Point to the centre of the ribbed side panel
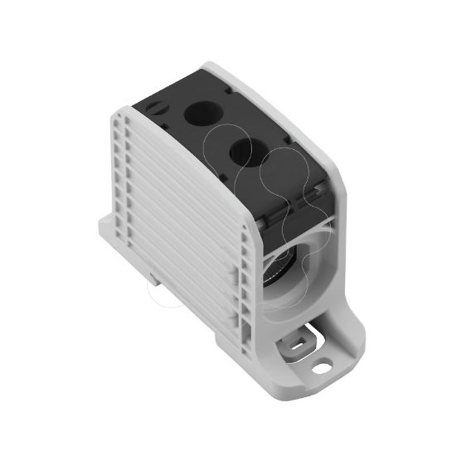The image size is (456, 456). tap(178, 216)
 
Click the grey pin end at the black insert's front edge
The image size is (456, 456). tap(264, 220)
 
